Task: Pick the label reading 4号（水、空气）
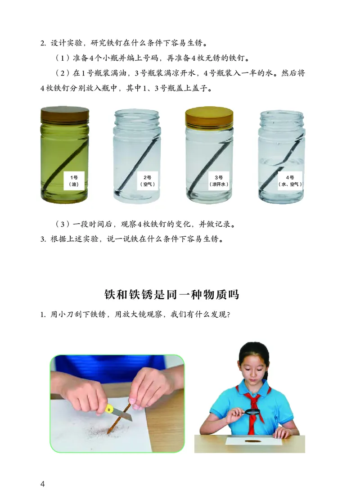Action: click(x=289, y=181)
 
